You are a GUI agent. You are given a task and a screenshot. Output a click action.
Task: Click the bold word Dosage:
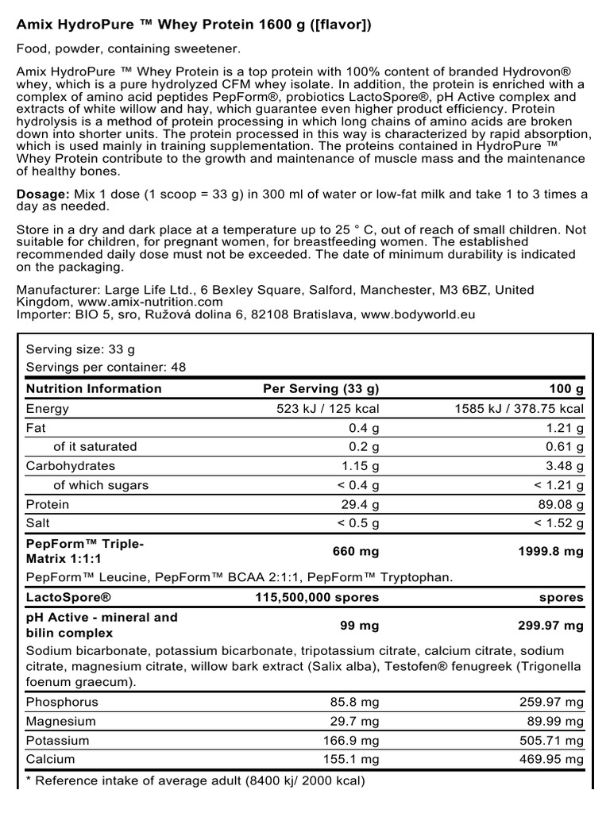(x=43, y=195)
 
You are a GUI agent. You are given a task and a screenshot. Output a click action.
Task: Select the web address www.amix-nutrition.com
(x=150, y=302)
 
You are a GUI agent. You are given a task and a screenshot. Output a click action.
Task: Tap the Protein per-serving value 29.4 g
(x=359, y=505)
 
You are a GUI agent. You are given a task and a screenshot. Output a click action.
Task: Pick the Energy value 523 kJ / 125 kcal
(x=326, y=409)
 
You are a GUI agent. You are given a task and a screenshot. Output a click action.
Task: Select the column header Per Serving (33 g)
(x=321, y=389)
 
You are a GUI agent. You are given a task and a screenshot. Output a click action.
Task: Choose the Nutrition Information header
(x=94, y=389)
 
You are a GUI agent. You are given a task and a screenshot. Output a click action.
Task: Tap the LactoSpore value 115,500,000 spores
(x=318, y=598)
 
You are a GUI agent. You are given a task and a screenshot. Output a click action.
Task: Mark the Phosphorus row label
(x=62, y=703)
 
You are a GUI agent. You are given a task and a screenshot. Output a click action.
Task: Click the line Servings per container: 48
(x=106, y=368)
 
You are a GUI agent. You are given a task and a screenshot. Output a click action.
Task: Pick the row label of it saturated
(x=95, y=447)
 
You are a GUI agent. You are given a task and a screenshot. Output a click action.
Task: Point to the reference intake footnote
(x=195, y=781)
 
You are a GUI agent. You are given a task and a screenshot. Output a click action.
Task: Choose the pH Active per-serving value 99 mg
(x=360, y=626)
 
